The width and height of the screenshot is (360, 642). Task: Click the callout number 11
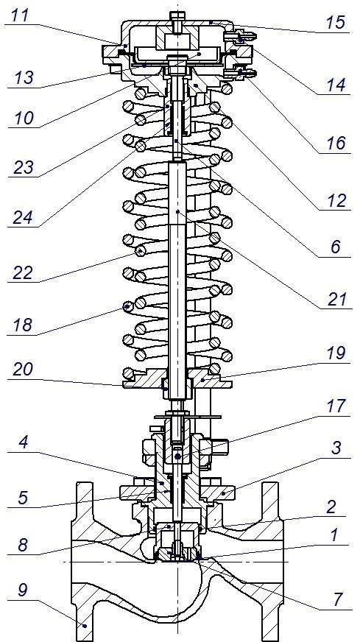pyautogui.click(x=20, y=15)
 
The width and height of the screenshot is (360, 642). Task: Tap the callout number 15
pyautogui.click(x=336, y=22)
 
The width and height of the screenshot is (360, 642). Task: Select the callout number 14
pyautogui.click(x=336, y=85)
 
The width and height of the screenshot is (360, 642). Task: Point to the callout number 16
pyautogui.click(x=336, y=144)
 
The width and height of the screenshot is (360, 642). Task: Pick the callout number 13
pyautogui.click(x=24, y=77)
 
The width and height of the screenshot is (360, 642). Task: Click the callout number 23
pyautogui.click(x=24, y=166)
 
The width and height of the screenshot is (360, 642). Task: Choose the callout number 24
pyautogui.click(x=23, y=217)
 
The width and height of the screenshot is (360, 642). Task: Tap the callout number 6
pyautogui.click(x=336, y=247)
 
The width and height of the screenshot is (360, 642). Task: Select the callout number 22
pyautogui.click(x=23, y=272)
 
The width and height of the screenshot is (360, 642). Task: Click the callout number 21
pyautogui.click(x=336, y=300)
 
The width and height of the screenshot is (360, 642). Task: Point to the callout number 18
pyautogui.click(x=24, y=325)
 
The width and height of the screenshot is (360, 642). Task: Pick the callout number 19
pyautogui.click(x=336, y=353)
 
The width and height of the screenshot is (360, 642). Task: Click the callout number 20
pyautogui.click(x=23, y=370)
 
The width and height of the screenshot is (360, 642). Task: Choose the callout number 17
pyautogui.click(x=336, y=406)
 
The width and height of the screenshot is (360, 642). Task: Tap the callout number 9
pyautogui.click(x=22, y=590)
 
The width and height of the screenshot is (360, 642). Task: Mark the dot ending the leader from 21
pyautogui.click(x=177, y=212)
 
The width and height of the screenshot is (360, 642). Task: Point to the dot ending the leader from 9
pyautogui.click(x=84, y=625)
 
